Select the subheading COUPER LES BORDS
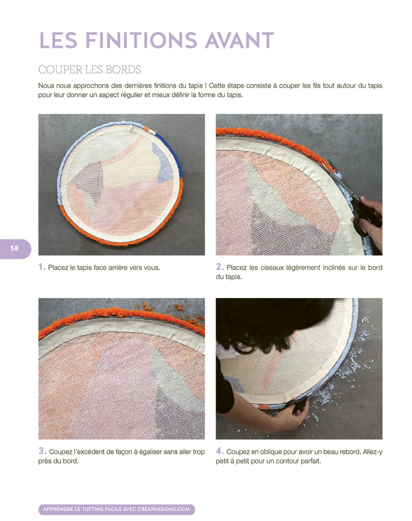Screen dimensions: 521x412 (x=90, y=70)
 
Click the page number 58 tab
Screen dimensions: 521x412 (x=15, y=249)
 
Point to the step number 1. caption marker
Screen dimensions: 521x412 (x=42, y=267)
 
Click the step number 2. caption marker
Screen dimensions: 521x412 (x=220, y=267)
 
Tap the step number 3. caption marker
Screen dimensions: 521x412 (x=42, y=451)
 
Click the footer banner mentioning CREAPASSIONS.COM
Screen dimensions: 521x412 (x=117, y=510)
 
